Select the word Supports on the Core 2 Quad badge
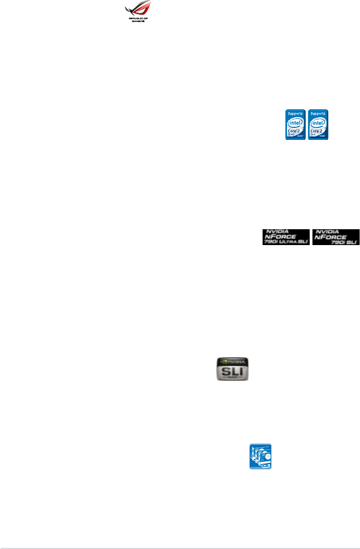(x=295, y=113)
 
